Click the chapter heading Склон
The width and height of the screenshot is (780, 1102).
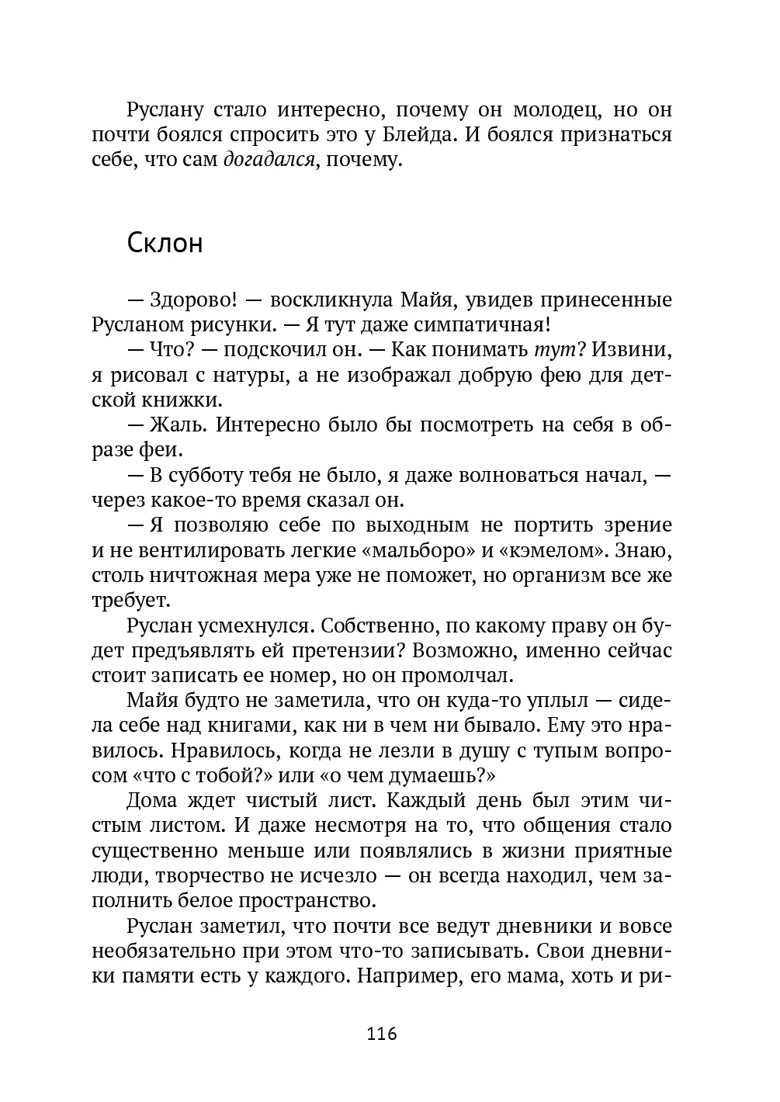pyautogui.click(x=165, y=244)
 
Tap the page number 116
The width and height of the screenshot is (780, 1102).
pyautogui.click(x=381, y=1034)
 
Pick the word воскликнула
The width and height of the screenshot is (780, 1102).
pyautogui.click(x=333, y=300)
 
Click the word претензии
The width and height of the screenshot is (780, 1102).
pyautogui.click(x=348, y=650)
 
